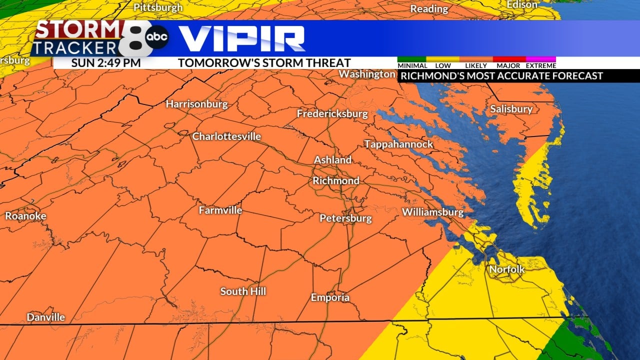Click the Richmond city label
tap(336, 180)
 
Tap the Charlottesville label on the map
tap(226, 136)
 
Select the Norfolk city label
tap(507, 269)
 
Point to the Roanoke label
tap(25, 216)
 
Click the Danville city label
tap(46, 317)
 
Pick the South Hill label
tap(243, 291)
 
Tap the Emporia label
tap(330, 297)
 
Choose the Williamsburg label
tap(432, 212)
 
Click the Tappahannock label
tap(398, 144)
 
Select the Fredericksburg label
tap(332, 113)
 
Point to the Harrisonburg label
tap(196, 104)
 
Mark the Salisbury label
tap(511, 109)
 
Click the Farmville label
tap(220, 210)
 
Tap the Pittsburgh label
tap(158, 7)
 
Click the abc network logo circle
tap(157, 37)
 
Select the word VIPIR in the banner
tap(241, 38)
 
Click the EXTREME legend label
tap(541, 65)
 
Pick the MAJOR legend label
tap(508, 65)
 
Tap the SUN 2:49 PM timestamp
tap(105, 63)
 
